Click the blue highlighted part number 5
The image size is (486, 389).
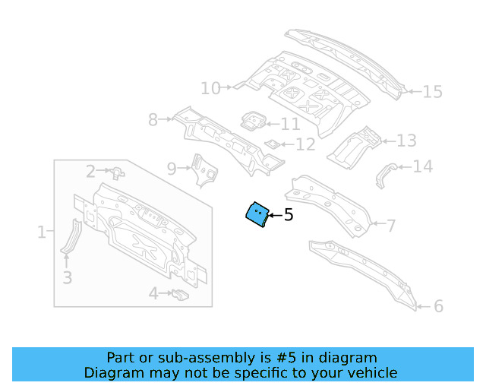tap(257, 214)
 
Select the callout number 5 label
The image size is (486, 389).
tap(289, 216)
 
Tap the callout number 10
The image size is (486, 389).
tap(210, 89)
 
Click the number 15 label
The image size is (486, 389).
tap(431, 92)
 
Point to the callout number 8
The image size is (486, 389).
tap(153, 119)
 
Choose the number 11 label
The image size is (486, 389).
tap(290, 124)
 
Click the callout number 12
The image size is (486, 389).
tap(305, 144)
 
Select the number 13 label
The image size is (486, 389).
tap(406, 141)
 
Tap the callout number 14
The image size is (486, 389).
tap(422, 166)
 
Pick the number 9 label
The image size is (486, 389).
tap(172, 168)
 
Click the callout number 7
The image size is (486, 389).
tap(390, 226)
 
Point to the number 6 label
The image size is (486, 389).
tap(438, 306)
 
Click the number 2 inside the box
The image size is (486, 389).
tap(90, 172)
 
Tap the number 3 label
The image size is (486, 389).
tap(67, 278)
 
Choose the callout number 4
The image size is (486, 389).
tap(153, 293)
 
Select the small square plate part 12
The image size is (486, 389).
tap(271, 143)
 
